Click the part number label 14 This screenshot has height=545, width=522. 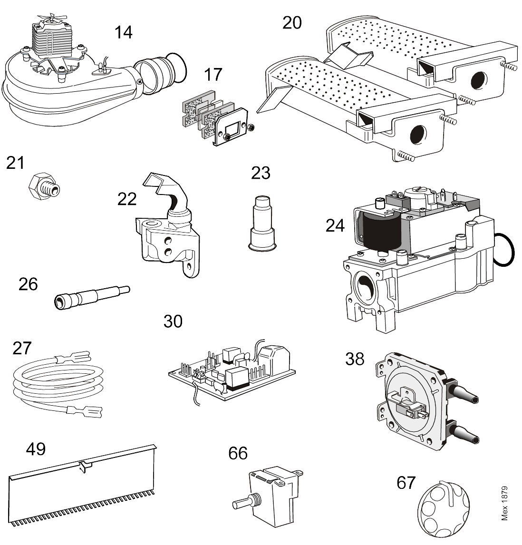(123, 33)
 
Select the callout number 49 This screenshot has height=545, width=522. (36, 448)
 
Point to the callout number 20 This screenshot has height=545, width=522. (292, 22)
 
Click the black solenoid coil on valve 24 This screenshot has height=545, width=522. (378, 231)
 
